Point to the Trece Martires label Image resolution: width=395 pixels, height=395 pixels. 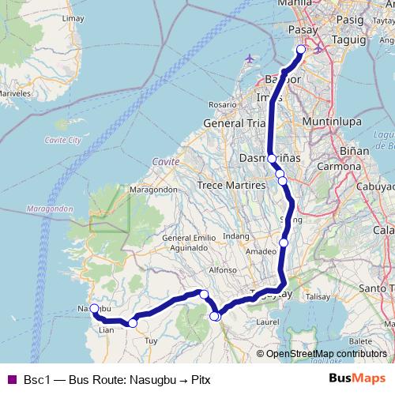click(231, 184)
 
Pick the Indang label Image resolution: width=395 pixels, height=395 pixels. click(236, 236)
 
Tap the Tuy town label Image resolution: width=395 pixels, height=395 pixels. click(152, 340)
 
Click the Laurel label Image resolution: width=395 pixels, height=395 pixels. click(268, 322)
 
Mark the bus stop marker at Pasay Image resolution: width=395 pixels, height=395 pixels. click(301, 50)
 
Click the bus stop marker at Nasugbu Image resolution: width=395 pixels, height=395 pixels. click(94, 308)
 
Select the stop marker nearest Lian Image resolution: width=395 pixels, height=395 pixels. click(133, 323)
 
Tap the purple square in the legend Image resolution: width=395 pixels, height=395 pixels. click(11, 379)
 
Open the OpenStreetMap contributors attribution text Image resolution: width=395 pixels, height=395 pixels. click(325, 353)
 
